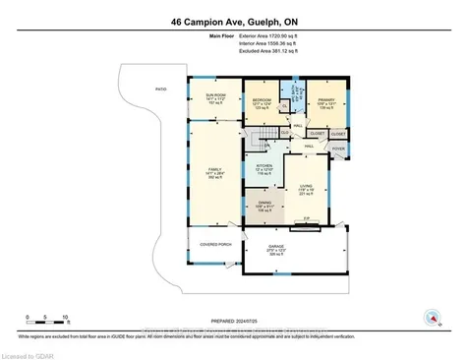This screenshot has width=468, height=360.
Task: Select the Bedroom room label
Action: click(x=262, y=102)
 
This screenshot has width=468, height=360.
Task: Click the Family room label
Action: click(x=214, y=174)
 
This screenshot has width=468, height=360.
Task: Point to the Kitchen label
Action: click(x=263, y=168)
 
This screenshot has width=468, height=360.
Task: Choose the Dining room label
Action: click(x=263, y=207)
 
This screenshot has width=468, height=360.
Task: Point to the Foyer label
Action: click(x=337, y=149)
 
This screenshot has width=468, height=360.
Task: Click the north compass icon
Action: click(x=430, y=317)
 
